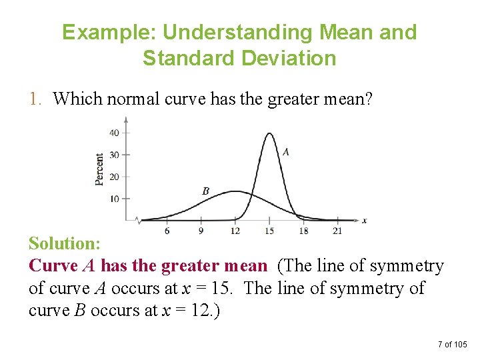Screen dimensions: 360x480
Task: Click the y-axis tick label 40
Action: point(114,133)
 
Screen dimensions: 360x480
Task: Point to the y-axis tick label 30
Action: point(114,155)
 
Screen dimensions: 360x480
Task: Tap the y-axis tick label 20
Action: point(114,177)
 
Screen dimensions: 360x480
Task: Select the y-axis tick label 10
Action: point(114,199)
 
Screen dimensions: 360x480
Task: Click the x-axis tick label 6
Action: point(167,231)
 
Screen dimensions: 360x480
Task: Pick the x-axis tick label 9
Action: point(201,231)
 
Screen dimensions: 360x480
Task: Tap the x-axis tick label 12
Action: point(235,231)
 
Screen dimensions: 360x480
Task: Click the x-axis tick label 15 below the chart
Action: point(269,231)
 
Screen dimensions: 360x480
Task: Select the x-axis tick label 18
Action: point(303,231)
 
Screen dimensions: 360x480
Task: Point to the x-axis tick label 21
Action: point(337,231)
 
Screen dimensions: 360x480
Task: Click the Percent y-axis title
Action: point(99,169)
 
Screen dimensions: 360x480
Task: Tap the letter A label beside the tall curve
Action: point(285,152)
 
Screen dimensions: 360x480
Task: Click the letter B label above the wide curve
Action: point(205,191)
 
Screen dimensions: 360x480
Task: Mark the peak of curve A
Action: point(269,133)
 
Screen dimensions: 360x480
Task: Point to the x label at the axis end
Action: point(364,220)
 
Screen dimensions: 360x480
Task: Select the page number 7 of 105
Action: point(453,344)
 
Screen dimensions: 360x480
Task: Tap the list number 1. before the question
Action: point(36,99)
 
